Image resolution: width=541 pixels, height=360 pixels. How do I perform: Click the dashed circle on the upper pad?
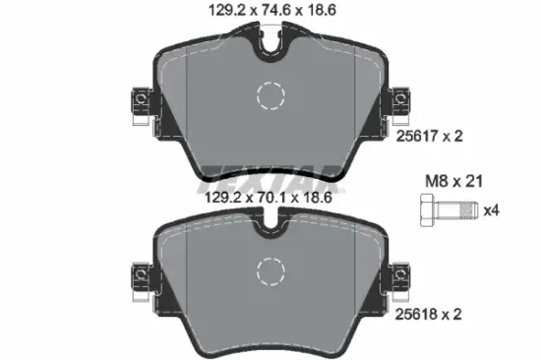click(270, 97)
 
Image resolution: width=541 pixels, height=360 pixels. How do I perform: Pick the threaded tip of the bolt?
click(471, 210)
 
